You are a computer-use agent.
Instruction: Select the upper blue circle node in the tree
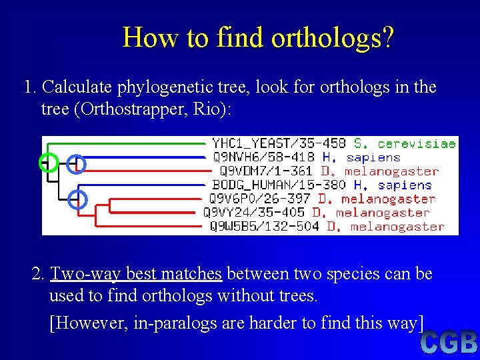click(x=77, y=164)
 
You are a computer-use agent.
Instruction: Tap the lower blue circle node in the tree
click(x=78, y=199)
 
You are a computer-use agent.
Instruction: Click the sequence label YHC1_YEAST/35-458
click(x=279, y=143)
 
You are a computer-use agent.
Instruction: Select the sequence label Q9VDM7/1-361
click(x=263, y=171)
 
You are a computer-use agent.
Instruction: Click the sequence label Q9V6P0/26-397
click(x=261, y=199)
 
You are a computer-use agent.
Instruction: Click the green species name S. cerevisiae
click(x=405, y=143)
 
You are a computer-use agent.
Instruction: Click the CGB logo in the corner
click(x=448, y=343)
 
